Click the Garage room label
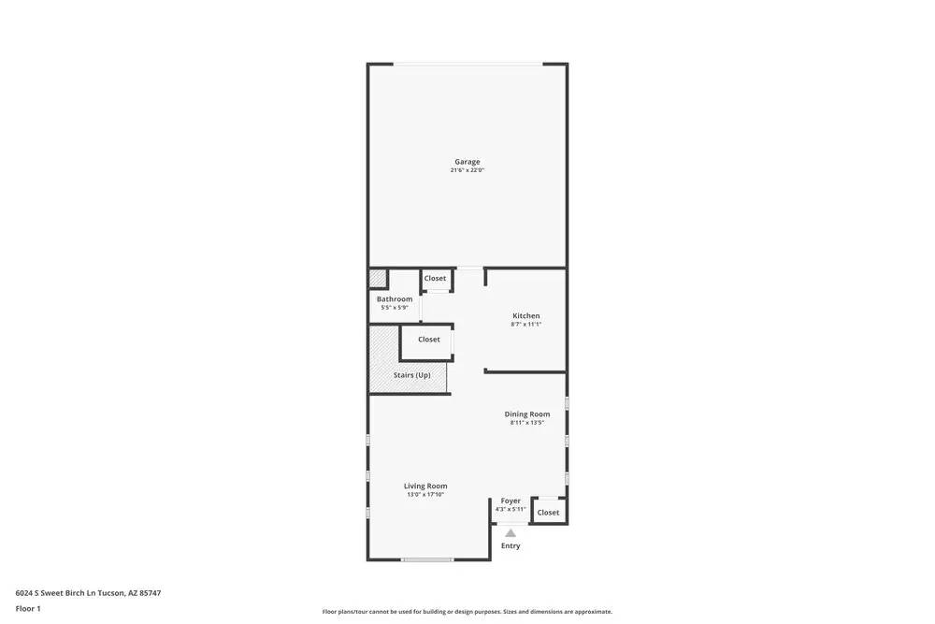click(x=467, y=162)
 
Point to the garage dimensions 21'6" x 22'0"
click(x=467, y=170)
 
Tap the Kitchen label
click(x=525, y=316)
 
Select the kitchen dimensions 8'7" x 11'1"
click(x=525, y=325)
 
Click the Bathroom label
click(x=395, y=299)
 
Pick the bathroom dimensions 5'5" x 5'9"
click(x=395, y=308)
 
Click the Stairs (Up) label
click(x=411, y=375)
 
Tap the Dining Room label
click(x=527, y=414)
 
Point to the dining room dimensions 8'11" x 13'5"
click(x=527, y=423)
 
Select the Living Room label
click(x=425, y=486)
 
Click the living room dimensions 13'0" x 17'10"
click(x=425, y=495)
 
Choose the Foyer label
click(x=511, y=501)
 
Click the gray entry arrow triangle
click(x=511, y=533)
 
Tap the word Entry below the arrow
click(x=511, y=546)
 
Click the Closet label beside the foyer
click(x=548, y=513)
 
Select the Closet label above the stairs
click(x=429, y=340)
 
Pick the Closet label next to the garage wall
click(x=435, y=279)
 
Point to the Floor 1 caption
click(x=28, y=609)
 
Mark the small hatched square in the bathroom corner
click(x=378, y=278)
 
